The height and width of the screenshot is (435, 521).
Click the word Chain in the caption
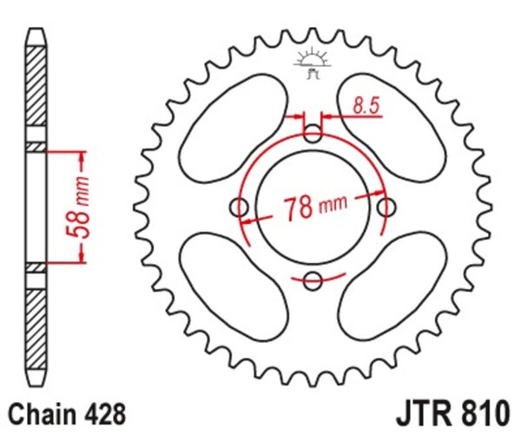pyautogui.click(x=38, y=411)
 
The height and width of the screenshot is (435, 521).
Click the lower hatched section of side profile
pyautogui.click(x=35, y=330)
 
